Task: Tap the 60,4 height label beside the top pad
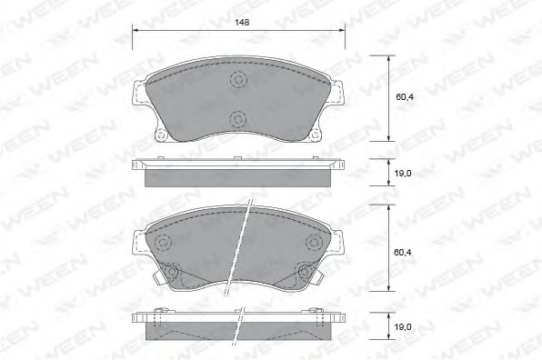(401, 97)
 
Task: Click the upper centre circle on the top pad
(238, 79)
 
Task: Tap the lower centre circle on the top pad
(238, 118)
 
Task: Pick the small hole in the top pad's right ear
(315, 137)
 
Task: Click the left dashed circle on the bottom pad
(165, 243)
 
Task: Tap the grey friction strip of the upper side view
(238, 177)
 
